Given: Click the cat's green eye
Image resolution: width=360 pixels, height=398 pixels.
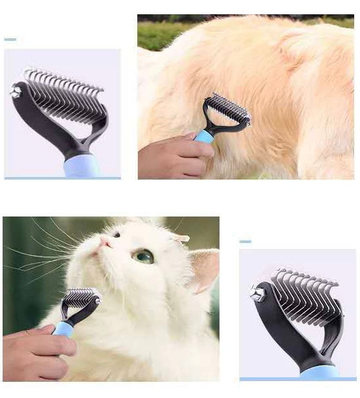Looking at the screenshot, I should click(143, 257).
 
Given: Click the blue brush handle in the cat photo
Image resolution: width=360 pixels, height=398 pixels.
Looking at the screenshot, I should click(64, 328).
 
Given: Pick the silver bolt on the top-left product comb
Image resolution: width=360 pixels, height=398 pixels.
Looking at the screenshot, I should click(15, 91).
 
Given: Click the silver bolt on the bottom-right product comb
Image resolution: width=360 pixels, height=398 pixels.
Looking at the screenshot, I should click(256, 292).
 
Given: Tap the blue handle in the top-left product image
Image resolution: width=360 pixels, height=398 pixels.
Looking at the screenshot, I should click(82, 167).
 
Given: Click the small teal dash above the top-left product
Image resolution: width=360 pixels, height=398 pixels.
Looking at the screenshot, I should click(10, 40).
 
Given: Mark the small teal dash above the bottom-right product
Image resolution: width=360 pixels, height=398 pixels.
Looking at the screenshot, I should click(245, 242).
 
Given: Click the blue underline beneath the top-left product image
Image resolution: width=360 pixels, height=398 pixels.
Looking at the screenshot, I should click(62, 178).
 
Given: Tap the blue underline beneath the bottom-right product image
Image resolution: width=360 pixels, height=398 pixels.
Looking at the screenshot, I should click(297, 379).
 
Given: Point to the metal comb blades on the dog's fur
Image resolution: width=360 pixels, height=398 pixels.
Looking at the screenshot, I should click(228, 108).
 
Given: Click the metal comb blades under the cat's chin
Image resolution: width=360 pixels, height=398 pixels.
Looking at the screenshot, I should click(81, 299).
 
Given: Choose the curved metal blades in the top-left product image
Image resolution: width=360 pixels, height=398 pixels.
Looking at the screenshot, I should click(65, 97).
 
